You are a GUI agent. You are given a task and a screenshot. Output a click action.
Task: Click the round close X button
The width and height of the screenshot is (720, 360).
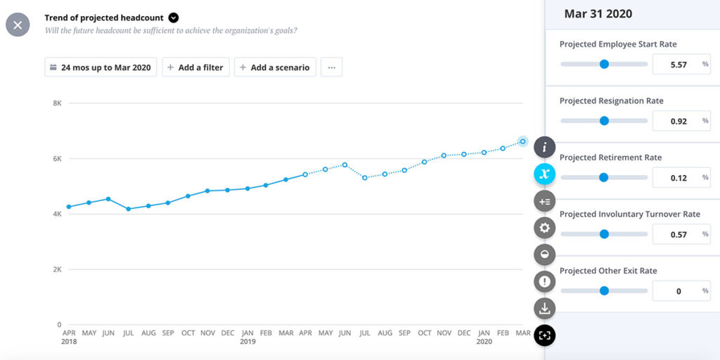coord(18,25)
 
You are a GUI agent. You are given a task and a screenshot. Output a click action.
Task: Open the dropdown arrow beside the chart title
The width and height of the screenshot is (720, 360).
coord(174,18)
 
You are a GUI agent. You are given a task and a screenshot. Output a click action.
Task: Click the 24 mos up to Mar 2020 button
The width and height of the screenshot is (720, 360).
coord(100,67)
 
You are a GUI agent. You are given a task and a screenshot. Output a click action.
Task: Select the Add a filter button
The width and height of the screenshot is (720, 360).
coord(195,67)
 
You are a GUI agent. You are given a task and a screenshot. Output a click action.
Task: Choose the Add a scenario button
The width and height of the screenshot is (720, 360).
coord(275,67)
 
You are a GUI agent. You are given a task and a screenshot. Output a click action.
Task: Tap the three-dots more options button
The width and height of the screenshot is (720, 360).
coord(331,67)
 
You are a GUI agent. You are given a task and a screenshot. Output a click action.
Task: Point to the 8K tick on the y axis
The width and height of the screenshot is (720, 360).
coord(58,103)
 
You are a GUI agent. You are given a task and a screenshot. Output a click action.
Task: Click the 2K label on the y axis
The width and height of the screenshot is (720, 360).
coord(58,269)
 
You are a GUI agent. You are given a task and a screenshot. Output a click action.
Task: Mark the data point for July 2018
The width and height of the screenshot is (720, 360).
coord(128,209)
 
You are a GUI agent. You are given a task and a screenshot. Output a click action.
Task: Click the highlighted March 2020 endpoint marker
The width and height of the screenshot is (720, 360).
coord(522,141)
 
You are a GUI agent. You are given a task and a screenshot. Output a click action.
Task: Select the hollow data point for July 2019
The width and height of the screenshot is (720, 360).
coord(365,178)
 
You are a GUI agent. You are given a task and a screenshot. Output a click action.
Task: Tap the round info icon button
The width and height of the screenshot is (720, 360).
coord(544,148)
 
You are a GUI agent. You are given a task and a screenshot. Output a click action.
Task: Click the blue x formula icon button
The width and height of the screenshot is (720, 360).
coord(544,174)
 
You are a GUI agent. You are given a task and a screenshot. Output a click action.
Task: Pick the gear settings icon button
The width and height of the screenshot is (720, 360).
coord(544,228)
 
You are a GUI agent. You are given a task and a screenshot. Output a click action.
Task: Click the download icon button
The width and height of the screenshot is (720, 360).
coord(544,308)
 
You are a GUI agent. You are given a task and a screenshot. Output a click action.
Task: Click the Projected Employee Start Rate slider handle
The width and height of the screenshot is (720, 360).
coord(603,64)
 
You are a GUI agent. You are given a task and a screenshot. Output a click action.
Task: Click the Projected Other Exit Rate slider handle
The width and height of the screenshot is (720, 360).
coord(603,290)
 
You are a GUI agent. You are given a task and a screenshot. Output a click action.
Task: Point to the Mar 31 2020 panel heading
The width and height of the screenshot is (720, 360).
coord(598,14)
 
